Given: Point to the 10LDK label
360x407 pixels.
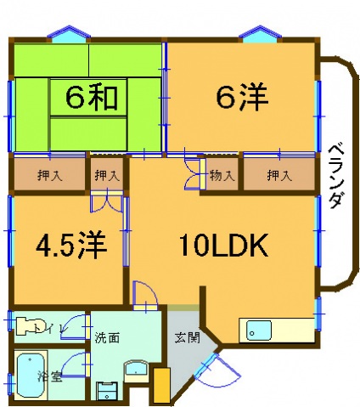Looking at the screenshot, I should [223, 246].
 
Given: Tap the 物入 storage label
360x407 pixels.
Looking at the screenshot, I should [222, 176].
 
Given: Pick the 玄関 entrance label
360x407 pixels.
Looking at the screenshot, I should [187, 336].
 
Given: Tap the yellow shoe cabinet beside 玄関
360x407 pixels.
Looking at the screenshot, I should [160, 387].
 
